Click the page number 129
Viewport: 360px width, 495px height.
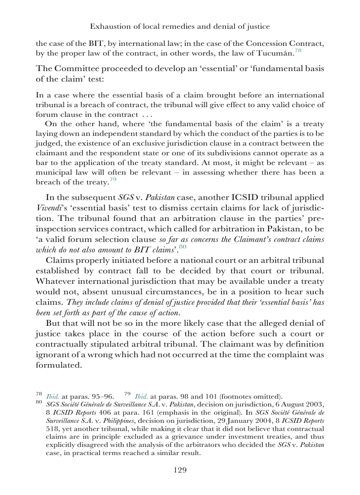pos(180,470)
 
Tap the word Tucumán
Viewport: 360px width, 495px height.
pos(275,54)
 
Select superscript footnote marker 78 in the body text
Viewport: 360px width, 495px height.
pos(298,51)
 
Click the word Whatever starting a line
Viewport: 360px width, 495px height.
pos(55,281)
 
